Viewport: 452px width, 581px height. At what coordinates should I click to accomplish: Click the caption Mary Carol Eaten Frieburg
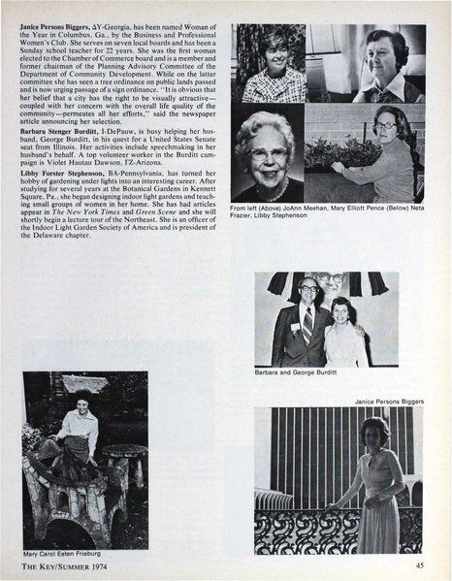coord(75,555)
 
